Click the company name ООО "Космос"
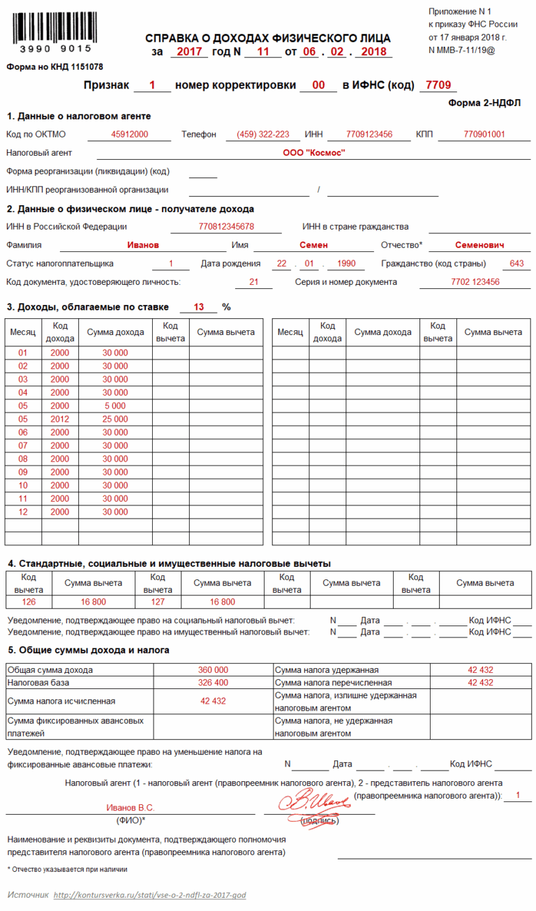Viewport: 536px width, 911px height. [314, 152]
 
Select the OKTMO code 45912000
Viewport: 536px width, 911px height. [130, 134]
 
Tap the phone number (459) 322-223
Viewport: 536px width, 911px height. [263, 134]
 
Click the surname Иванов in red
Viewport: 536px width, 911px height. [143, 245]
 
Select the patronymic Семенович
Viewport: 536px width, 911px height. [480, 245]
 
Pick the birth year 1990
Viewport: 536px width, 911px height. [345, 263]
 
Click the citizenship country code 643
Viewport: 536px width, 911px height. [516, 263]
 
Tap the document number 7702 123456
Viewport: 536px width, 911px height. [475, 281]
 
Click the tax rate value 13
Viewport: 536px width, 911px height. [199, 306]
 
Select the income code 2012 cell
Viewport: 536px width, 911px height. [60, 419]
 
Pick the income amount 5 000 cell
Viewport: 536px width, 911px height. [115, 406]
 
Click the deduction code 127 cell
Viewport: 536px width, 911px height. [158, 601]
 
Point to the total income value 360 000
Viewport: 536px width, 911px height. [213, 669]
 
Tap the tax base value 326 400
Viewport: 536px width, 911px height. [213, 682]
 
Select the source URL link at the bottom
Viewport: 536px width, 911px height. [149, 895]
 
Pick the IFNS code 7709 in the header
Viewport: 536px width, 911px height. [438, 85]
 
